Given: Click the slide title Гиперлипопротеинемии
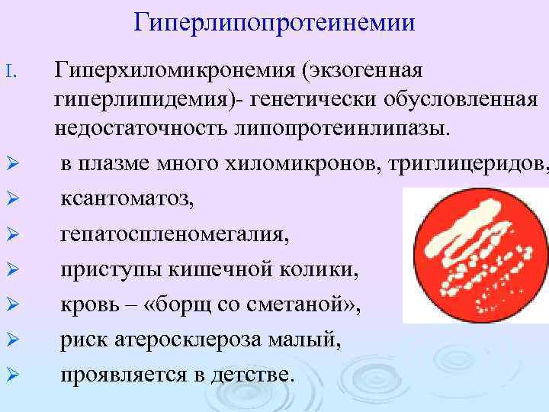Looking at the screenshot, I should (274, 22).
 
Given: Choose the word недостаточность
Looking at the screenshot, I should (142, 127).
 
